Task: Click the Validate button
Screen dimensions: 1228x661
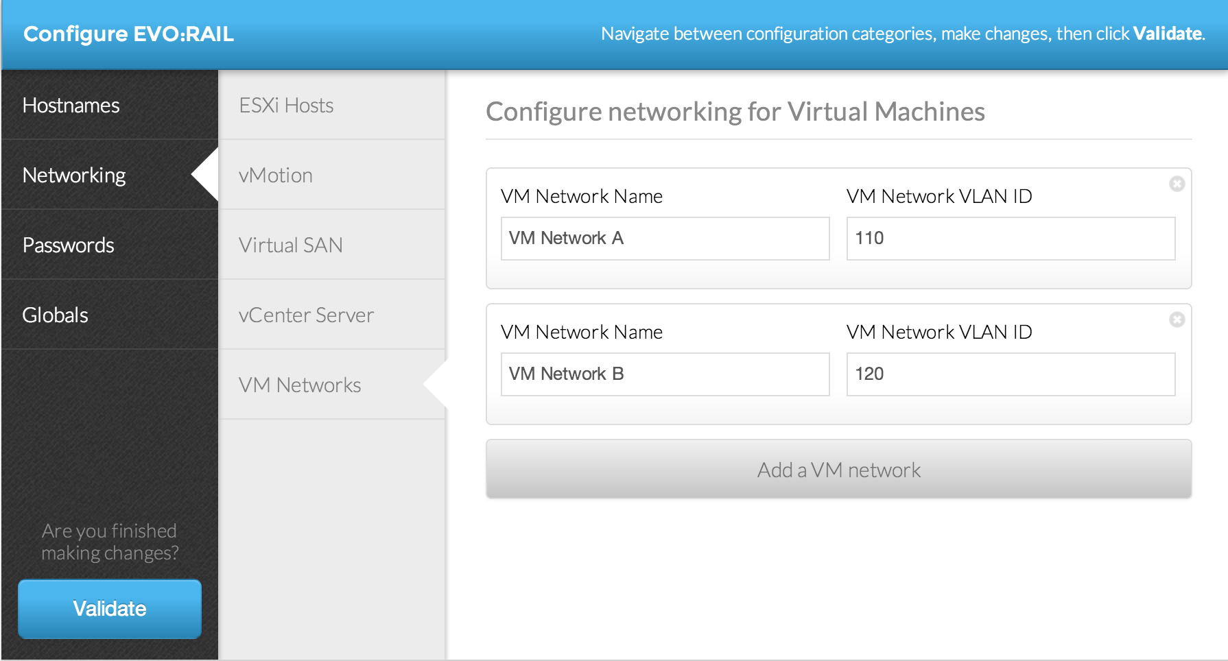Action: [x=110, y=609]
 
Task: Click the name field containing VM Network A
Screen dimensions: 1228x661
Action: [x=665, y=239]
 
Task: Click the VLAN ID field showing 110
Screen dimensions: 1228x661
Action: [x=1011, y=239]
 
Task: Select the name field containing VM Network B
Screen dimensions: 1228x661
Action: [x=665, y=374]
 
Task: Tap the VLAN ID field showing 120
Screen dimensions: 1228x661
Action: [x=1011, y=374]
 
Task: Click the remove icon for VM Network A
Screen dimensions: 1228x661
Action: [x=1177, y=184]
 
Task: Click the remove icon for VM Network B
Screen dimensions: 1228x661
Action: [x=1177, y=320]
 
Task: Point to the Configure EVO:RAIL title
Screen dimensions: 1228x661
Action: [x=128, y=34]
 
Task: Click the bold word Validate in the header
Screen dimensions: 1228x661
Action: [x=1167, y=34]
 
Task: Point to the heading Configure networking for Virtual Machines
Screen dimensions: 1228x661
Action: [x=735, y=112]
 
